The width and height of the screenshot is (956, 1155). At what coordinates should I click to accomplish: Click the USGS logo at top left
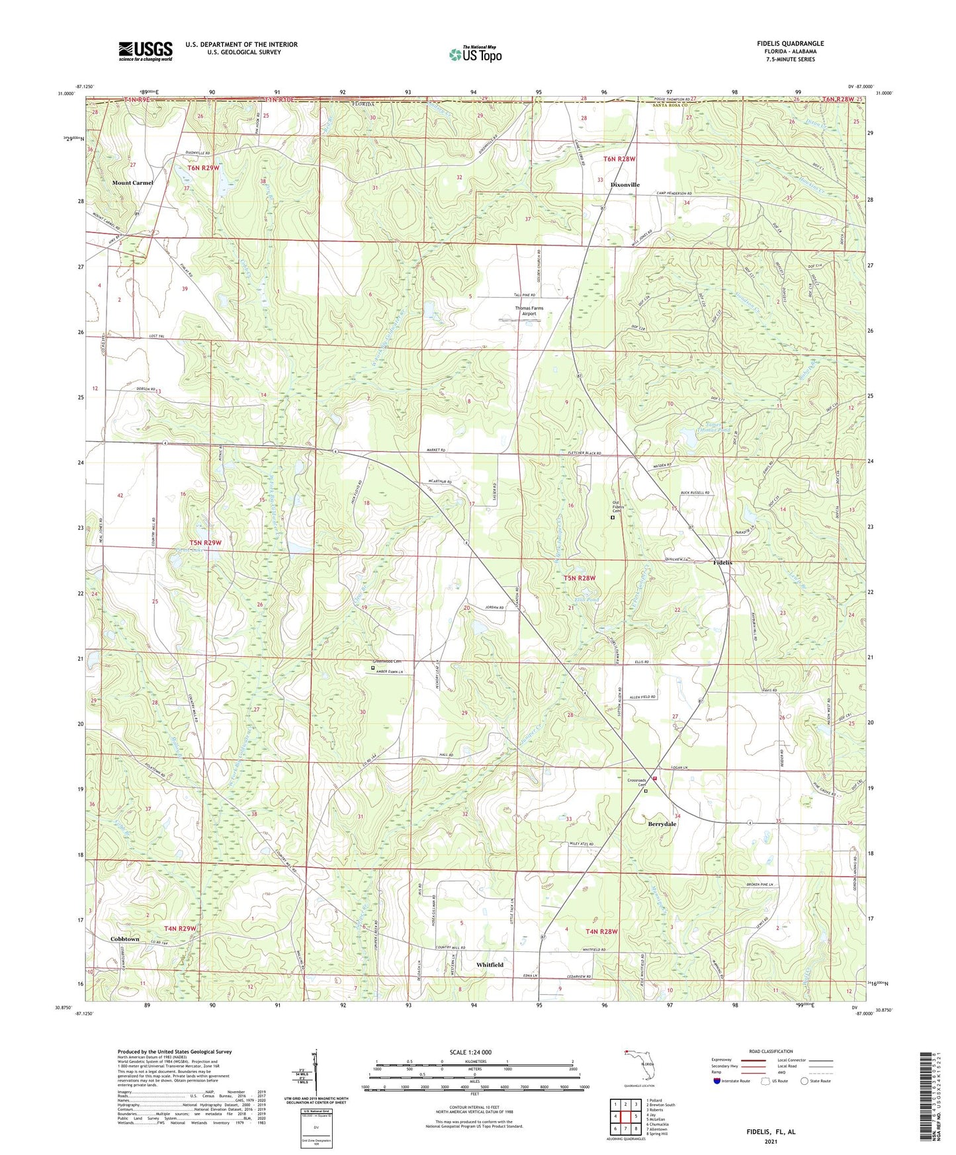(x=145, y=51)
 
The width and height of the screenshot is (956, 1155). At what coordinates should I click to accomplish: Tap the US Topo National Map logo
(x=474, y=54)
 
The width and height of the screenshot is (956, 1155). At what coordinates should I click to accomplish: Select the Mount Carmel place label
(x=132, y=183)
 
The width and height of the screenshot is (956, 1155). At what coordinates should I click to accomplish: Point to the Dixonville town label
(x=625, y=185)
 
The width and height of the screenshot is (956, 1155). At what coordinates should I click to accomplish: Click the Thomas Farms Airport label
(x=529, y=311)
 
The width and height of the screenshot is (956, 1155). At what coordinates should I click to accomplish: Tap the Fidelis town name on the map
(x=722, y=562)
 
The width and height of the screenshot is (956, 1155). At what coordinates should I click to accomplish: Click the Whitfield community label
(x=490, y=964)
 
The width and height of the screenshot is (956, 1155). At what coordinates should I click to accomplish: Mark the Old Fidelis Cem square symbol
(x=612, y=518)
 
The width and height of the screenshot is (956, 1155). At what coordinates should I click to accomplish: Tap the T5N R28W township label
(x=580, y=577)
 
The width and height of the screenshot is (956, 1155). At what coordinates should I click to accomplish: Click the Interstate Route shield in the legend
(x=718, y=1081)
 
